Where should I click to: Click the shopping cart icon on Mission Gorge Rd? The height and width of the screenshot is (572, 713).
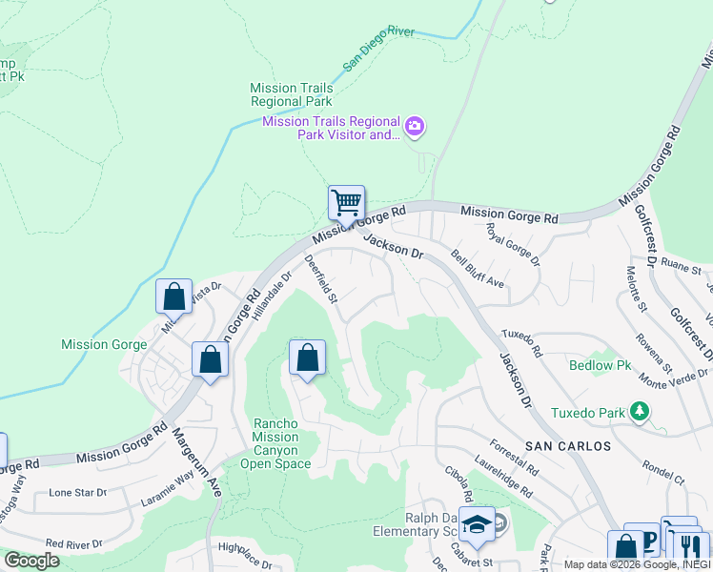coord(346,203)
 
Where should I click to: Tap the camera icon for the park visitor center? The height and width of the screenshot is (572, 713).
coord(415,126)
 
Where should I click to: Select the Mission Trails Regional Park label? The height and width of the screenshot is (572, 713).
coord(292,94)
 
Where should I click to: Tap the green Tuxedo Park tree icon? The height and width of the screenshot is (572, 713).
coord(640,412)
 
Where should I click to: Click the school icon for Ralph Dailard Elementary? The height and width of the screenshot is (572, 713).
coord(477,524)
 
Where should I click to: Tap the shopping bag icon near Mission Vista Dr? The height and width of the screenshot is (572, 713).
coord(173,296)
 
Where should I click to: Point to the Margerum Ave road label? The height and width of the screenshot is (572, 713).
coord(196,462)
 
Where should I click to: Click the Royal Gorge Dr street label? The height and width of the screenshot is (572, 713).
coord(513,244)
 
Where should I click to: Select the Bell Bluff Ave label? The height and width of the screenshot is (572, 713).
coord(478,270)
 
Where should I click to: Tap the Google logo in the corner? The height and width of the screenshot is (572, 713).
coord(31,561)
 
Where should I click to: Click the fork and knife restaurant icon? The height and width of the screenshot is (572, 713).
coord(691,547)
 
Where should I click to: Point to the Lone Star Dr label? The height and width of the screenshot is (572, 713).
coord(78,493)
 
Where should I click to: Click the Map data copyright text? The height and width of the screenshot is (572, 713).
coord(638,564)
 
